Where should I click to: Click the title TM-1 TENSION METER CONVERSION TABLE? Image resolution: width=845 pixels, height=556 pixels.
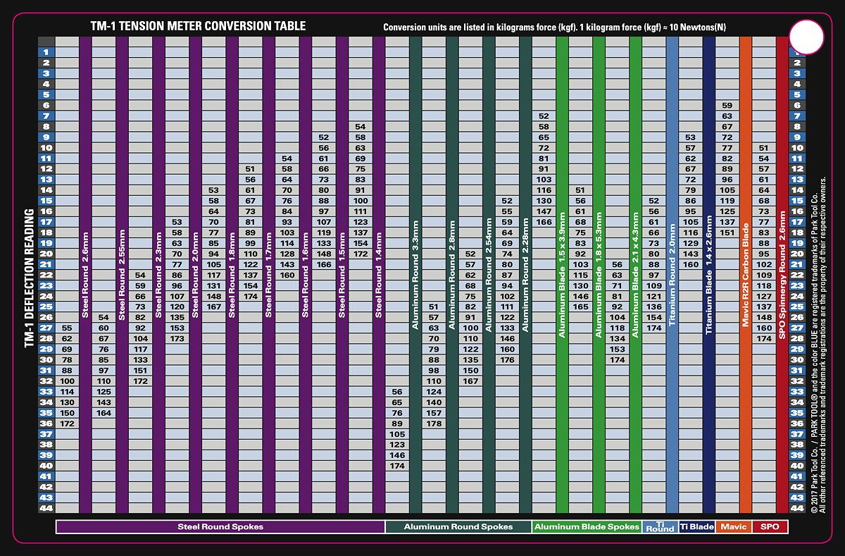click(x=198, y=26)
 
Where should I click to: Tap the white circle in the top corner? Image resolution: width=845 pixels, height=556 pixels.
click(x=806, y=37)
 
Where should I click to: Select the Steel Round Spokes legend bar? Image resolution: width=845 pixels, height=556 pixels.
click(x=220, y=526)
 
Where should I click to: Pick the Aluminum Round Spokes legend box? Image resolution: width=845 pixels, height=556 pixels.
click(x=458, y=526)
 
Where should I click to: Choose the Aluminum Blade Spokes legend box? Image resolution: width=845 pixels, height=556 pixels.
click(x=587, y=526)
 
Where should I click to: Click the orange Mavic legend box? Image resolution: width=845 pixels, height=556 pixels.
click(x=733, y=526)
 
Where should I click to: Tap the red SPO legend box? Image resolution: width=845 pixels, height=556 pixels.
click(x=770, y=526)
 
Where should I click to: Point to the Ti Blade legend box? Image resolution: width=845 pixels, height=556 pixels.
click(x=696, y=526)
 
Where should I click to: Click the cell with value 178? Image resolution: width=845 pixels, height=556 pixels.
click(x=434, y=424)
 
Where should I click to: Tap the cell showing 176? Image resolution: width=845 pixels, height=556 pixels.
click(x=507, y=360)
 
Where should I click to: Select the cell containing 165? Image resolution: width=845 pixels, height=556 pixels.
click(x=580, y=307)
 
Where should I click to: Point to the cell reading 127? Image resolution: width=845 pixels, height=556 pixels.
click(x=764, y=296)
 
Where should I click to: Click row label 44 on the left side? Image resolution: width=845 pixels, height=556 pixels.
click(x=46, y=508)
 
